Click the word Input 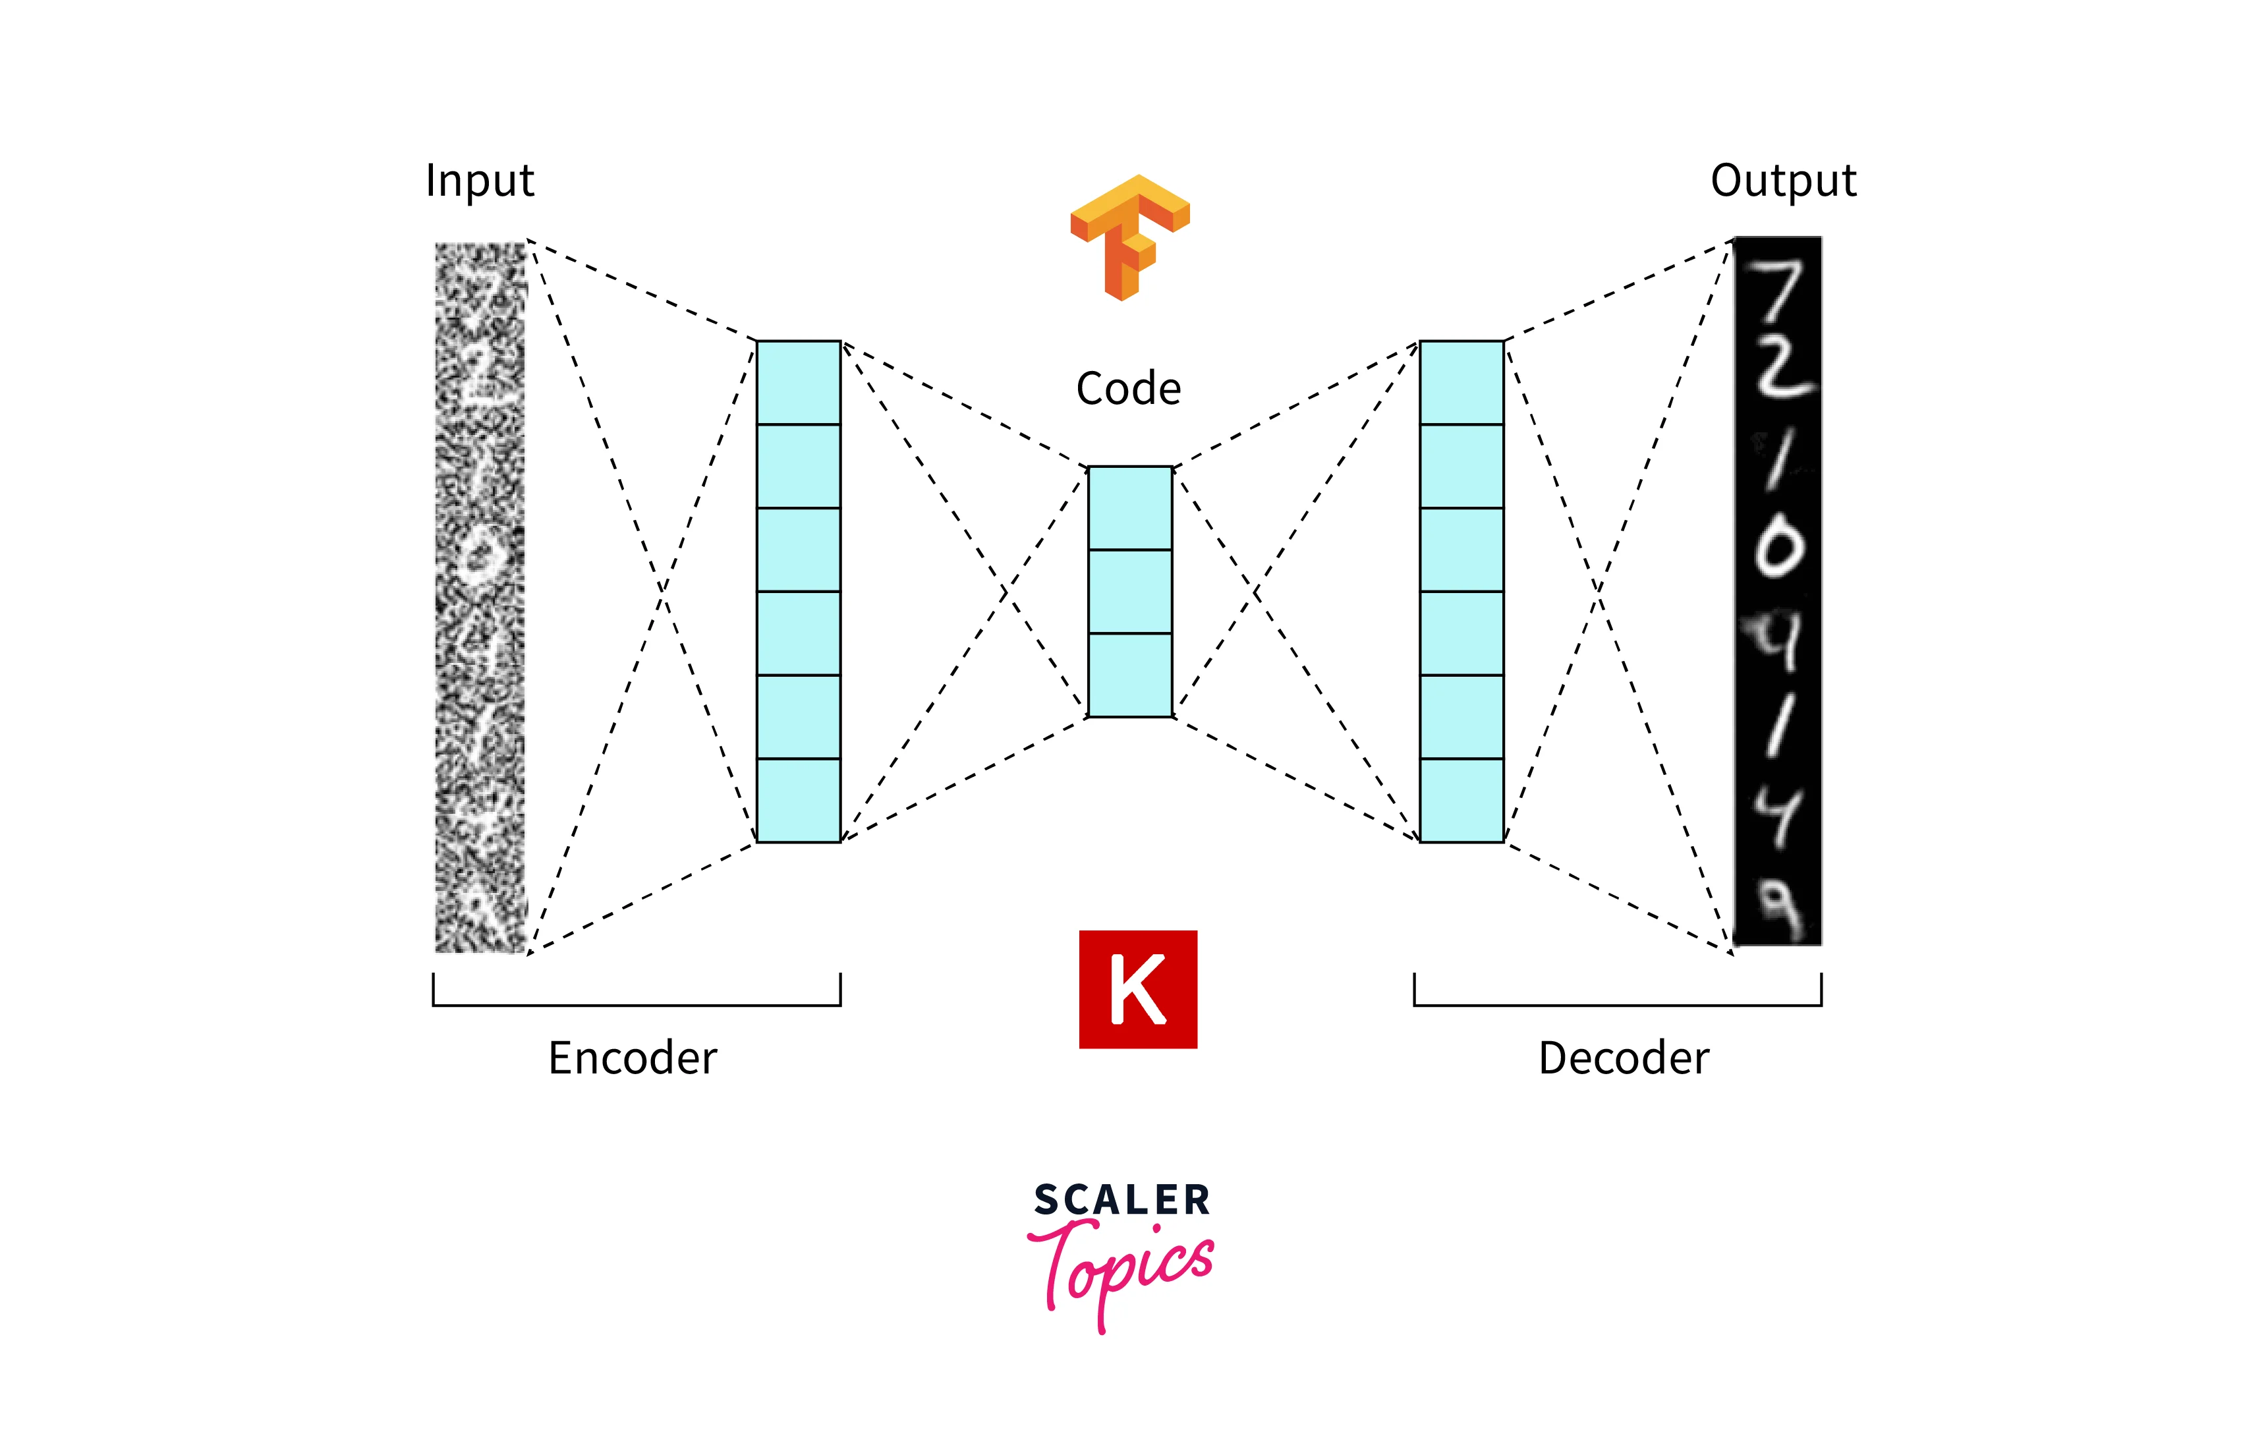(479, 181)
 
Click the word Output (1782, 181)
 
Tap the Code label (1128, 388)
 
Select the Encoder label (632, 1058)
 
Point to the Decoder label (1624, 1058)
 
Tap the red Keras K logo (1137, 989)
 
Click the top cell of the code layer (1130, 509)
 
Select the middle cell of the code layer (1130, 591)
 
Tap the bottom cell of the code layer (1130, 675)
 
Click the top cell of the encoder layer (799, 382)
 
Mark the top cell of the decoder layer (1461, 382)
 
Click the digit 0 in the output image (1778, 549)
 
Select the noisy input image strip (479, 597)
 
